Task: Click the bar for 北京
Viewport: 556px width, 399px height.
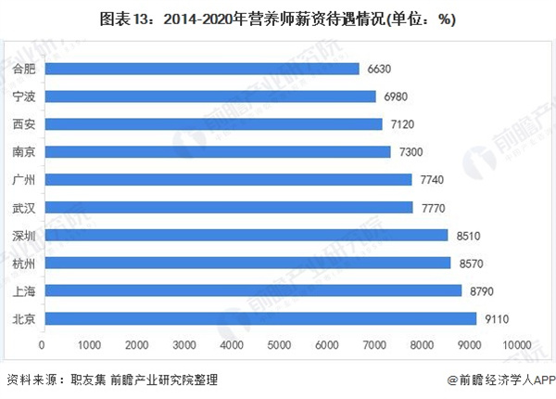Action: (x=259, y=319)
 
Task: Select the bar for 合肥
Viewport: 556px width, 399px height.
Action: (x=201, y=69)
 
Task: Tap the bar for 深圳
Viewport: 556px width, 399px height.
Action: (x=246, y=236)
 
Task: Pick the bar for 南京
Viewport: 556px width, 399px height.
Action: (x=217, y=152)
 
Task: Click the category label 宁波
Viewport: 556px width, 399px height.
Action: (x=25, y=97)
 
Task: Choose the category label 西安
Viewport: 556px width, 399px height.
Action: (x=25, y=124)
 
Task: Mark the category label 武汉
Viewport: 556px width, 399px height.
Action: (x=25, y=208)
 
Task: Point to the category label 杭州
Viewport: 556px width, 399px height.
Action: (x=25, y=264)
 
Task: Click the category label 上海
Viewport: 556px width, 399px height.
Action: (x=25, y=291)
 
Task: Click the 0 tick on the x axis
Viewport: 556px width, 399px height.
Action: (x=43, y=345)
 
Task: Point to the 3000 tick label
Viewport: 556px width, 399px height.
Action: (x=184, y=345)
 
